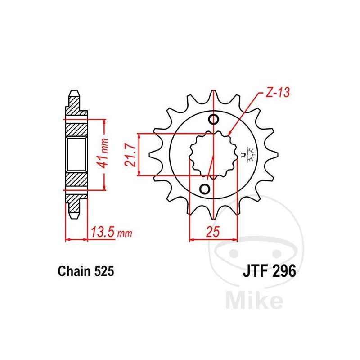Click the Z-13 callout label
point(278,92)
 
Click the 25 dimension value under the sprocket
point(213,232)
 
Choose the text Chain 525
point(86,271)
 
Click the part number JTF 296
point(270,271)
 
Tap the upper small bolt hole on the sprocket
point(213,119)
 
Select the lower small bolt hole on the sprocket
point(205,189)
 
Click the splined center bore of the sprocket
point(213,155)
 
